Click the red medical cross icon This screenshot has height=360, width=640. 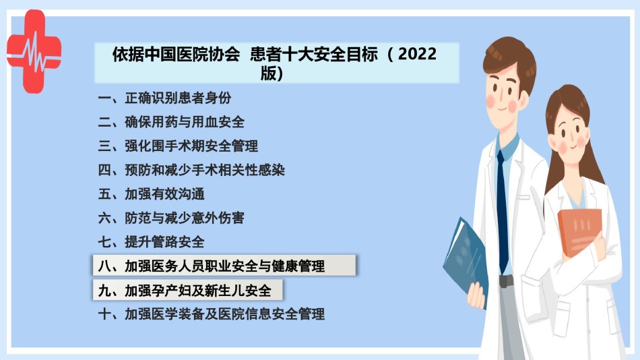pyautogui.click(x=34, y=52)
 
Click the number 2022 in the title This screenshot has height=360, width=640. pyautogui.click(x=417, y=54)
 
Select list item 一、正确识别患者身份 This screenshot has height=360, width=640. pyautogui.click(x=164, y=98)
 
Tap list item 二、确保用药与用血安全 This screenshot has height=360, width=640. pyautogui.click(x=171, y=122)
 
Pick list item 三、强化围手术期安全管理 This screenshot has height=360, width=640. pyautogui.click(x=178, y=146)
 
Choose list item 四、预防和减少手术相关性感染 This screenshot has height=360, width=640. pyautogui.click(x=191, y=170)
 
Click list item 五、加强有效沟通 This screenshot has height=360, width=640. pyautogui.click(x=151, y=194)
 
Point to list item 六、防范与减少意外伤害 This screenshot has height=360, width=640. pyautogui.click(x=171, y=218)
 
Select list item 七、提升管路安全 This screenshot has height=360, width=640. pyautogui.click(x=151, y=242)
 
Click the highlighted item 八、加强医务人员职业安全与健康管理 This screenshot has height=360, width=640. pyautogui.click(x=224, y=266)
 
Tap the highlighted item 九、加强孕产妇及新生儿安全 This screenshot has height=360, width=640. pyautogui.click(x=187, y=290)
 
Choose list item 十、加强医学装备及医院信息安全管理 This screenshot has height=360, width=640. pyautogui.click(x=211, y=314)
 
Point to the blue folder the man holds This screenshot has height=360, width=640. pyautogui.click(x=466, y=260)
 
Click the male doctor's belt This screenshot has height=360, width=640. pyautogui.click(x=506, y=280)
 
